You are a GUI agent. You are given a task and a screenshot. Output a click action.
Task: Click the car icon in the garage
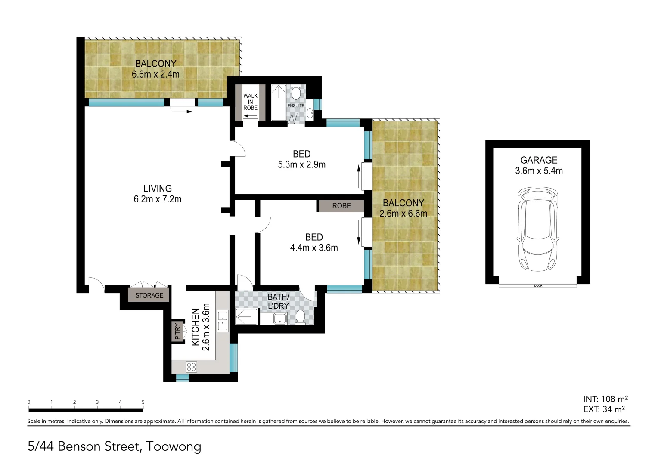tap(538, 229)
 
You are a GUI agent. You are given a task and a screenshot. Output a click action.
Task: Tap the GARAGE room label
tap(539, 160)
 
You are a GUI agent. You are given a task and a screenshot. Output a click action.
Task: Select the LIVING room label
tap(158, 189)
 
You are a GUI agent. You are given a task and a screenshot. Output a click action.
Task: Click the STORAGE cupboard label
tap(149, 295)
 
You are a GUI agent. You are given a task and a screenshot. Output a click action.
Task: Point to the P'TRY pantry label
tap(177, 331)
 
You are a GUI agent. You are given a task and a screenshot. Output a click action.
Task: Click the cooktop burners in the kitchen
tap(191, 367)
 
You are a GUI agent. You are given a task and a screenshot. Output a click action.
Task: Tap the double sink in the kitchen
tap(222, 321)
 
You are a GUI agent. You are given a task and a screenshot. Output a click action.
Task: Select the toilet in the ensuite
tap(296, 93)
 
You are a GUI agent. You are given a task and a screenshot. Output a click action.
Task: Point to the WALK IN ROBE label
tap(250, 102)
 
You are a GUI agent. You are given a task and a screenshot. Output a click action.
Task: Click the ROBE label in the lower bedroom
tap(341, 206)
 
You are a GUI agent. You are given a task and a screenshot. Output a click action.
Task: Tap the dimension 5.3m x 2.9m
tap(301, 165)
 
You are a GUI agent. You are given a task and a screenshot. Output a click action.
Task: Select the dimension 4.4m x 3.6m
tap(314, 248)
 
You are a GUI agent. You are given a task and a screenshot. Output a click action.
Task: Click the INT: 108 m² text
tap(605, 399)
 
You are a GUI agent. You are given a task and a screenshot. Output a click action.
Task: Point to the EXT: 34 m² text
tap(604, 409)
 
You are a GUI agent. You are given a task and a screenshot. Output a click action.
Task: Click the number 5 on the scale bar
tap(143, 402)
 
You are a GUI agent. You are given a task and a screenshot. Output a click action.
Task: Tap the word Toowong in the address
tap(174, 446)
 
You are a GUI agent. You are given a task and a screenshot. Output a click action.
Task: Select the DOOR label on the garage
tap(538, 286)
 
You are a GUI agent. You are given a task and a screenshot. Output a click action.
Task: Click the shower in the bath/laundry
tap(246, 317)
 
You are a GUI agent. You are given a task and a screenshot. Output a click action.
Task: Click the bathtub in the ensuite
tap(278, 103)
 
